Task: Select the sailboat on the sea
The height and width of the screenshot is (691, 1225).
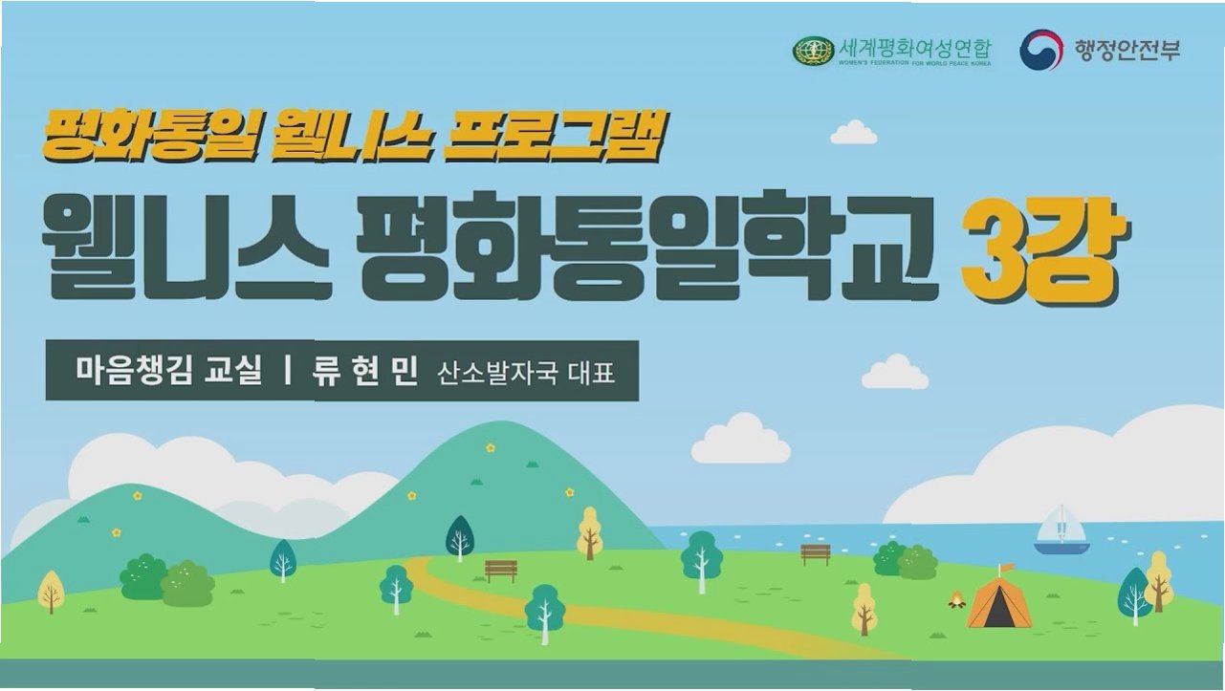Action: click(1061, 529)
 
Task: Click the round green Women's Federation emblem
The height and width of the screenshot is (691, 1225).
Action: click(813, 52)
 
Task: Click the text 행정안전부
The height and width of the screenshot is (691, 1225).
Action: click(1127, 51)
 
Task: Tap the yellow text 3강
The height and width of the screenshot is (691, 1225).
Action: click(1044, 252)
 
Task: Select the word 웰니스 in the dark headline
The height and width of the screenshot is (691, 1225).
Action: click(185, 245)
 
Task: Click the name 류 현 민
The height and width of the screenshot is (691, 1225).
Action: click(364, 371)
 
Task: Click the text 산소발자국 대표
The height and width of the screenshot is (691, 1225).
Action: click(526, 374)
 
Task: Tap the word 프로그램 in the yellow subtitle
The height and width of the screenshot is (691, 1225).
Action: click(554, 136)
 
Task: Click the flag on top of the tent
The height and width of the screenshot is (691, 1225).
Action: click(1004, 570)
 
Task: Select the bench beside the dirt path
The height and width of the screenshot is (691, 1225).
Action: click(501, 571)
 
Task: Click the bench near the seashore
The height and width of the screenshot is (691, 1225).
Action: click(816, 553)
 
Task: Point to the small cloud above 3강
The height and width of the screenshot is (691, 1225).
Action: click(854, 133)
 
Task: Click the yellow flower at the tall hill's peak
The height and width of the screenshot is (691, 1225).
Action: click(491, 447)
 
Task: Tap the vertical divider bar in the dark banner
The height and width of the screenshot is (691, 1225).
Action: click(288, 371)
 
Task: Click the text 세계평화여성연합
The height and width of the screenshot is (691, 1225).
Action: click(915, 49)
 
